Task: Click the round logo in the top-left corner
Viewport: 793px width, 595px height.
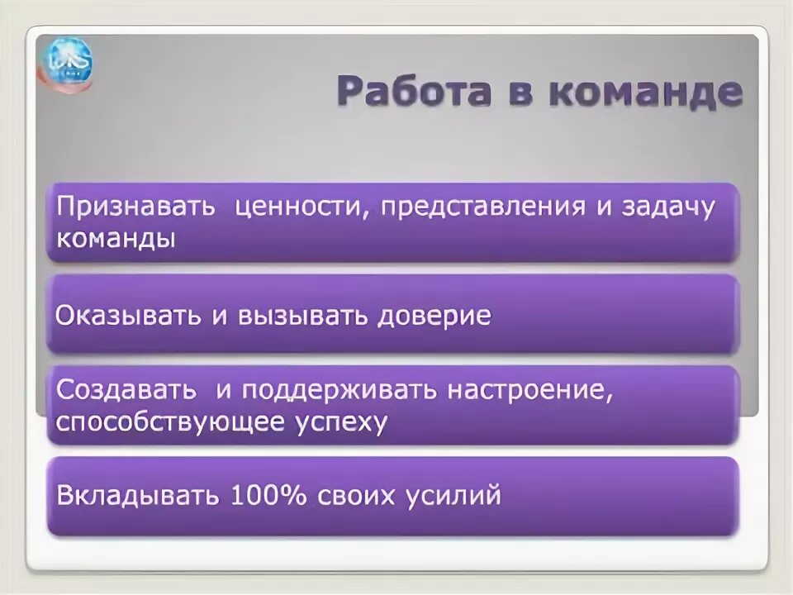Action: click(x=68, y=64)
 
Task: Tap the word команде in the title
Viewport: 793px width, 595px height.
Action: click(x=644, y=92)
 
